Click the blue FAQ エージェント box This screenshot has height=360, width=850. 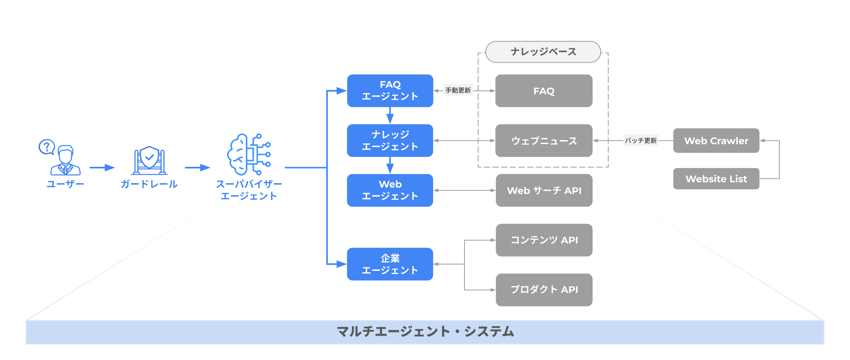390,91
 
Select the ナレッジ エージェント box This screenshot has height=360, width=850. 390,140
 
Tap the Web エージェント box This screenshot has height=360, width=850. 390,190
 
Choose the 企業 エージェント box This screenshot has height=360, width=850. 390,264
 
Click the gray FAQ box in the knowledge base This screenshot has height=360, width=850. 544,91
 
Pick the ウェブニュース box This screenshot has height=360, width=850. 544,140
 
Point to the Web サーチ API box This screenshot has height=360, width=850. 544,190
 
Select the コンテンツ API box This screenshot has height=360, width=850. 544,240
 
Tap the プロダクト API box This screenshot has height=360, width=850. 544,290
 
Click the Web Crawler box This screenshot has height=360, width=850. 716,140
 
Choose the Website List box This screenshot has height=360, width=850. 716,179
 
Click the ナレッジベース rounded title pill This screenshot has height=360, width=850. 543,52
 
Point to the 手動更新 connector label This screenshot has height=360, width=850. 458,91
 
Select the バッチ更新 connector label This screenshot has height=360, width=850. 641,140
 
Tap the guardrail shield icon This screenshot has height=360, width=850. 149,160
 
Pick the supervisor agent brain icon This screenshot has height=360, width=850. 249,154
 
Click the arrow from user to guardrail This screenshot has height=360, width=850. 102,168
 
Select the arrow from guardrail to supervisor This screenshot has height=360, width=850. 198,168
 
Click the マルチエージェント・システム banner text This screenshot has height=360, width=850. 425,332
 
